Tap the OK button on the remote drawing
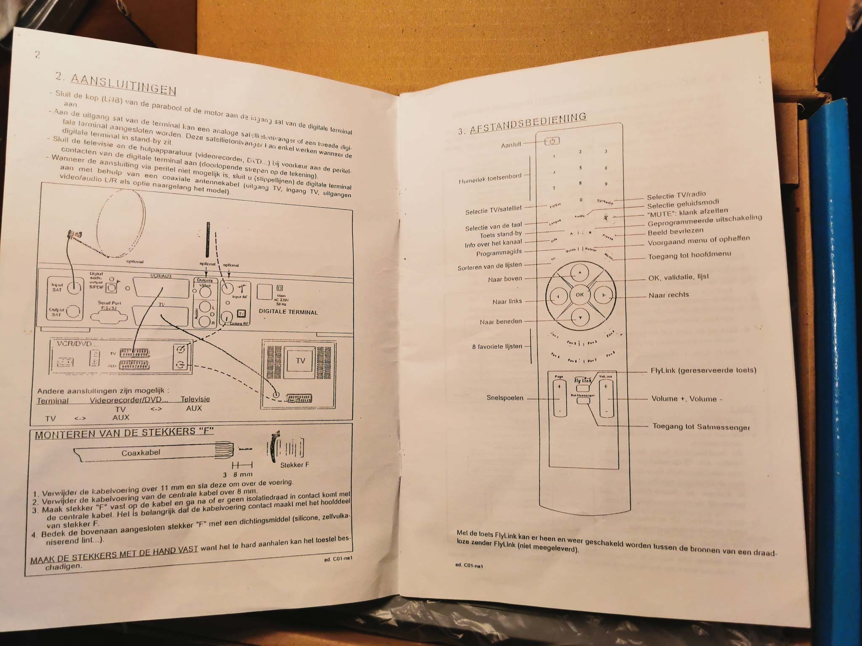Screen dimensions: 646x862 pyautogui.click(x=580, y=294)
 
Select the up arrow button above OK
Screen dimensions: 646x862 pyautogui.click(x=580, y=273)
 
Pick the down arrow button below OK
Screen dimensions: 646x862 pyautogui.click(x=580, y=318)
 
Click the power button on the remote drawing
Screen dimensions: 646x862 pyautogui.click(x=552, y=141)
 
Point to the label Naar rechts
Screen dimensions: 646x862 pyautogui.click(x=668, y=295)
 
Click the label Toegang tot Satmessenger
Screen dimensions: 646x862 pyautogui.click(x=701, y=427)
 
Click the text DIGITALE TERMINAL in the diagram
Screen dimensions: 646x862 pyautogui.click(x=288, y=312)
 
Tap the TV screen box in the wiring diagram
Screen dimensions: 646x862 pyautogui.click(x=300, y=361)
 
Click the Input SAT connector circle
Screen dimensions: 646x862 pyautogui.click(x=74, y=287)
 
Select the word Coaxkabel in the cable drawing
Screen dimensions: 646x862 pyautogui.click(x=141, y=453)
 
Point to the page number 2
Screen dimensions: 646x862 pyautogui.click(x=37, y=55)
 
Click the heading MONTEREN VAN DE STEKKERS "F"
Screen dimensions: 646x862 pyautogui.click(x=124, y=434)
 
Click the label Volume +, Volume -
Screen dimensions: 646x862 pyautogui.click(x=686, y=399)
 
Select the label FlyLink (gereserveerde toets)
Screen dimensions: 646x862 pyautogui.click(x=703, y=371)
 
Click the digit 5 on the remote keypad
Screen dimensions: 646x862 pyautogui.click(x=580, y=168)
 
